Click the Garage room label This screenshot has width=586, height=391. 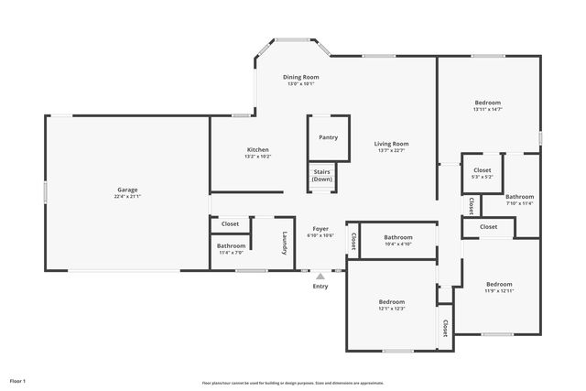[x=126, y=189]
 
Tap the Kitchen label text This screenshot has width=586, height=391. [x=257, y=149]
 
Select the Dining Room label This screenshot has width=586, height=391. [x=300, y=77]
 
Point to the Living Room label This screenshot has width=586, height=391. [x=391, y=144]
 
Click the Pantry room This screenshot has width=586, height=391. [x=328, y=137]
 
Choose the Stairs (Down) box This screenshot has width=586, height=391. [x=322, y=175]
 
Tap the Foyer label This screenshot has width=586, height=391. [x=320, y=229]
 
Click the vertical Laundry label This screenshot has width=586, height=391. [x=285, y=240]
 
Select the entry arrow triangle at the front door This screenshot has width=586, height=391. [x=320, y=274]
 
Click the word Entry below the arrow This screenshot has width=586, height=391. [x=320, y=287]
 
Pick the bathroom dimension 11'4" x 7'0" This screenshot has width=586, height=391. [x=231, y=253]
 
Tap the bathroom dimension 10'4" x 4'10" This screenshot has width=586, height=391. [x=398, y=244]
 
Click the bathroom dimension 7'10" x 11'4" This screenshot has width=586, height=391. [x=519, y=203]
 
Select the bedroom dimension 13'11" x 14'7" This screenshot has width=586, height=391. [x=487, y=109]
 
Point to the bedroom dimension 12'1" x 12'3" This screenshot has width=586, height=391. [x=392, y=309]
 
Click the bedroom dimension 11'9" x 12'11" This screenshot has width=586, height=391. [x=499, y=291]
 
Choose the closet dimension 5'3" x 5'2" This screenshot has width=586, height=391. [x=483, y=177]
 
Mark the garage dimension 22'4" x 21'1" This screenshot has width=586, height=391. [x=126, y=196]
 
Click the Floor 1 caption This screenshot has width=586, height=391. [x=17, y=380]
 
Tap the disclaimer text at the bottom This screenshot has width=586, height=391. [x=292, y=383]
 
